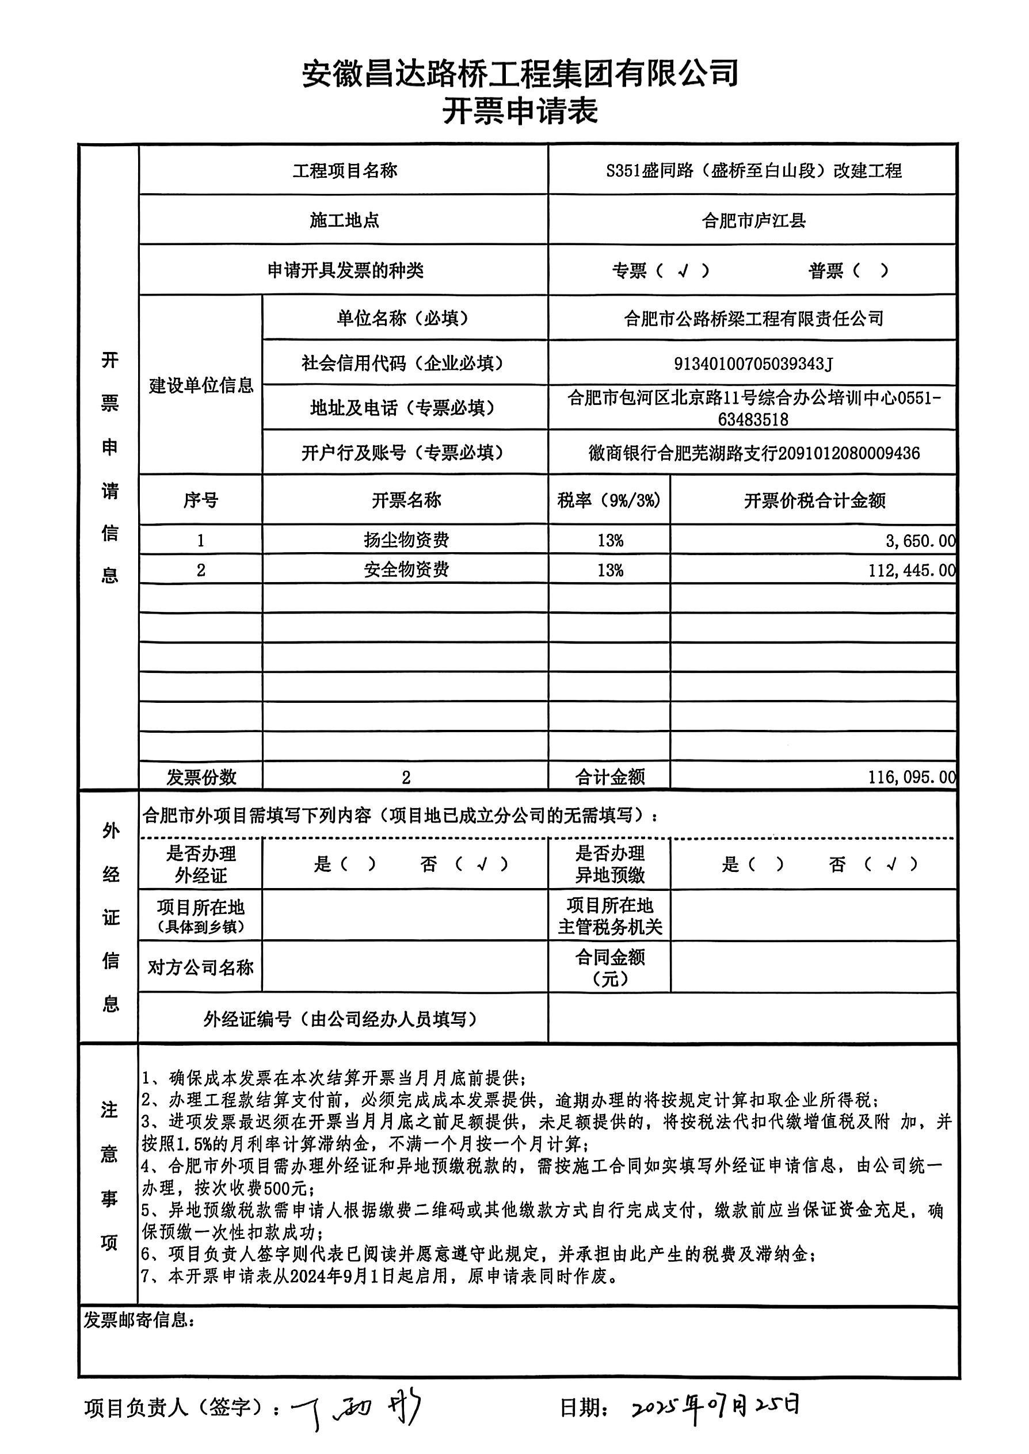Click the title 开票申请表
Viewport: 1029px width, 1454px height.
[520, 112]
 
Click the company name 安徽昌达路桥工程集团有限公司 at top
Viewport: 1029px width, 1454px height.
[520, 73]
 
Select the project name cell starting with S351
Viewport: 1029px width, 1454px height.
[753, 171]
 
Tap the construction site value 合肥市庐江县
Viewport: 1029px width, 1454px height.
[753, 221]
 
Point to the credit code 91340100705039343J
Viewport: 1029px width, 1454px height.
[753, 363]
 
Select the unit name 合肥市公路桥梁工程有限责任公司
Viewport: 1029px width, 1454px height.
[753, 319]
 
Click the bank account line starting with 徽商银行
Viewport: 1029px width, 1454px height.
[753, 453]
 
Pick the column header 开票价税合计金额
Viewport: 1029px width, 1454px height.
[814, 501]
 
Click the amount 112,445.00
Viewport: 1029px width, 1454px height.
[911, 571]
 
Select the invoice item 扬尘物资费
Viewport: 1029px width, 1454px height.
[406, 540]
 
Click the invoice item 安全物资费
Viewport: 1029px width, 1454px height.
[406, 570]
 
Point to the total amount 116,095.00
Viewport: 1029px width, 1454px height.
[911, 777]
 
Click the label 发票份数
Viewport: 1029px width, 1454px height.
[201, 777]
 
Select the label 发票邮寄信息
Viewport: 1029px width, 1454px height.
[139, 1321]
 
